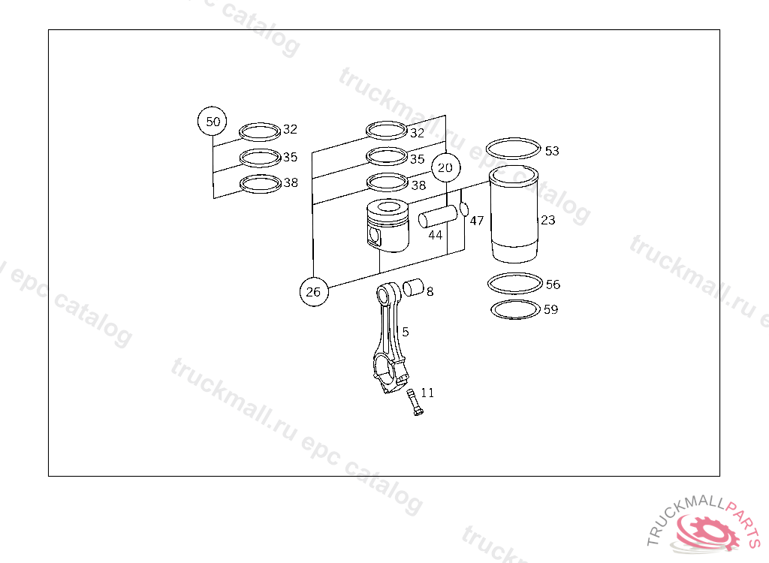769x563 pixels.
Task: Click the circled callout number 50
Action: pyautogui.click(x=213, y=121)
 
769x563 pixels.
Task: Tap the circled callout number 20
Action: pyautogui.click(x=446, y=167)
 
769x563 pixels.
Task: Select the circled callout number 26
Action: pyautogui.click(x=314, y=292)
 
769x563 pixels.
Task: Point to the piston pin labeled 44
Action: pyautogui.click(x=438, y=216)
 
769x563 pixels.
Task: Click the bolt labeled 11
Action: pyautogui.click(x=414, y=402)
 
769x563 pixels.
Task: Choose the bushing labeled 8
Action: pyautogui.click(x=414, y=288)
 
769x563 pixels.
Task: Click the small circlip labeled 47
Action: pyautogui.click(x=464, y=210)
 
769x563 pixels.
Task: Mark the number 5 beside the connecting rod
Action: pyautogui.click(x=406, y=332)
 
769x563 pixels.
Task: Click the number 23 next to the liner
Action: pyautogui.click(x=548, y=220)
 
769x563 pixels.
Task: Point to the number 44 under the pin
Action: pyautogui.click(x=435, y=236)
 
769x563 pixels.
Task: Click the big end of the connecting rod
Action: pyautogui.click(x=389, y=375)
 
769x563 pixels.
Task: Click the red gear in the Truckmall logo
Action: pyautogui.click(x=708, y=532)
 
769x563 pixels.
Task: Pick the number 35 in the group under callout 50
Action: pyautogui.click(x=291, y=157)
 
